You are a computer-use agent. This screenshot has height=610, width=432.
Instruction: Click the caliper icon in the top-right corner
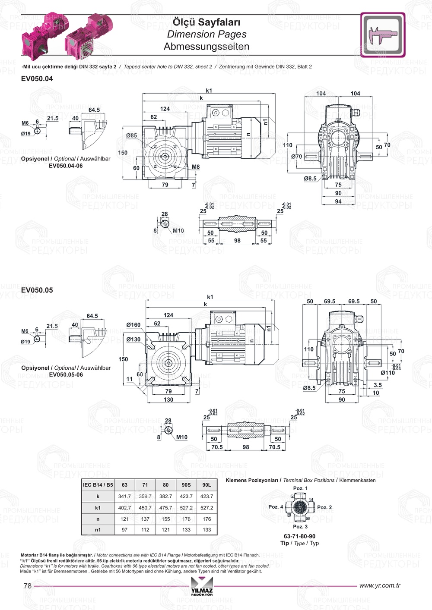coord(383,35)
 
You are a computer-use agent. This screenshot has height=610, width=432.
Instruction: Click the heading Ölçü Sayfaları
coord(206,22)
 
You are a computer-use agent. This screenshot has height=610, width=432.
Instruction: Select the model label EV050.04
coord(37,79)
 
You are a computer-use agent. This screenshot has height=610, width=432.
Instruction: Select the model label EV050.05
coord(37,290)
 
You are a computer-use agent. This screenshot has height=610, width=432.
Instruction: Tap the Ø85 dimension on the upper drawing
coord(131,135)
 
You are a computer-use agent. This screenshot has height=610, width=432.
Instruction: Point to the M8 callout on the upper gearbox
coord(195,167)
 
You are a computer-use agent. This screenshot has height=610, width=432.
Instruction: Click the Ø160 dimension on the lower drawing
coord(133,325)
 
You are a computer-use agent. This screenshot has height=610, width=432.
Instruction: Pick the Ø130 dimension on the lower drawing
coord(133,340)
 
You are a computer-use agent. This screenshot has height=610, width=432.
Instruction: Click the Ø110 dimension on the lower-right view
coord(388,373)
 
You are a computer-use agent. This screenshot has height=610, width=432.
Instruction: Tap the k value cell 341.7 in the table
coord(124,497)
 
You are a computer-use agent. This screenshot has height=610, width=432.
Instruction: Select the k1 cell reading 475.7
coord(165,508)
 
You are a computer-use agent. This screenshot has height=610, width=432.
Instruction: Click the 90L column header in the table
coord(206,485)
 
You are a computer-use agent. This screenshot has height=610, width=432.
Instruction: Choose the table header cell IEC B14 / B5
coord(98,485)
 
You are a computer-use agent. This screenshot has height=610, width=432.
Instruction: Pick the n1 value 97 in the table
coord(124,530)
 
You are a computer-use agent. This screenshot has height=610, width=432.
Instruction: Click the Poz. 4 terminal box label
coord(276,507)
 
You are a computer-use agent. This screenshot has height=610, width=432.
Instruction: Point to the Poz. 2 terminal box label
coord(324,507)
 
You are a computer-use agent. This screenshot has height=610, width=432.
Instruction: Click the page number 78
coord(28,586)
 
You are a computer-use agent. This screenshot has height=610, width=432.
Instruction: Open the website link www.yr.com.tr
coord(380,585)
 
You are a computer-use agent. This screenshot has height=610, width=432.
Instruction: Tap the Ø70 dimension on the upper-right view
coord(296,157)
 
